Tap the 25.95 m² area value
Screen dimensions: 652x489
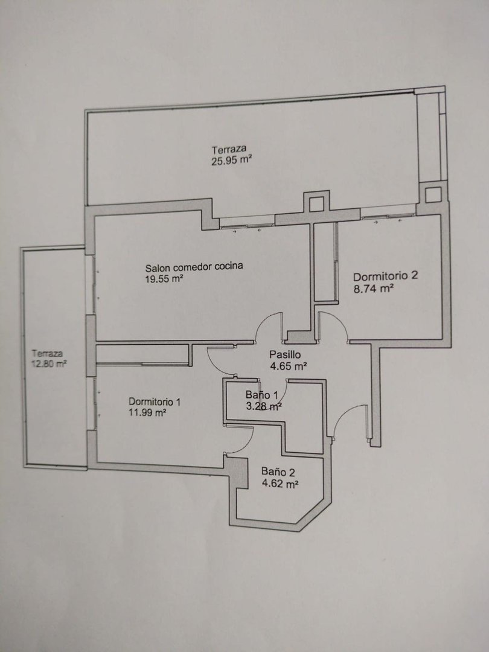coord(231,161)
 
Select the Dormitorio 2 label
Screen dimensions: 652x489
coord(385,276)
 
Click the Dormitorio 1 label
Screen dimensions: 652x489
coord(155,401)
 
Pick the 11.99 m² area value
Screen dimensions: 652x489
coord(147,414)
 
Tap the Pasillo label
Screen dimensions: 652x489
coord(285,354)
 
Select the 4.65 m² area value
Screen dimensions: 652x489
coord(289,366)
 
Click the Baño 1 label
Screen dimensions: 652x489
coord(261,395)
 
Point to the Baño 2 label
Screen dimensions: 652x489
coord(278,472)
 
